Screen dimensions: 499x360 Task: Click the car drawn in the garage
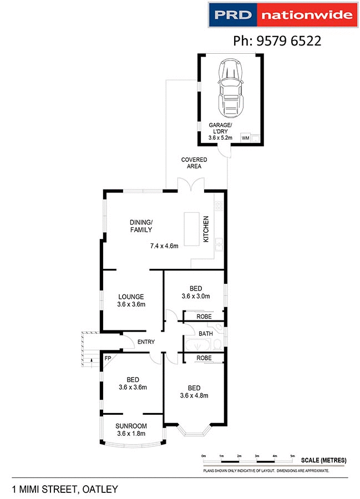pos(231,87)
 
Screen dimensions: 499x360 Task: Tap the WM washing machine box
pos(245,139)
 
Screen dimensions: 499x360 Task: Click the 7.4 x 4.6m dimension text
pos(164,246)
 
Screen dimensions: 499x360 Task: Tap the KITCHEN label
pos(205,229)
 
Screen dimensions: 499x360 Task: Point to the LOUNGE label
pos(131,297)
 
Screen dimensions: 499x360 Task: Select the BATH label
pos(206,334)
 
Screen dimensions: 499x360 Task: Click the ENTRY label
pos(146,342)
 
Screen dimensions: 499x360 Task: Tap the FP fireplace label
pos(108,359)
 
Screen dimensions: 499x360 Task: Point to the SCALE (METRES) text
pos(323,460)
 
